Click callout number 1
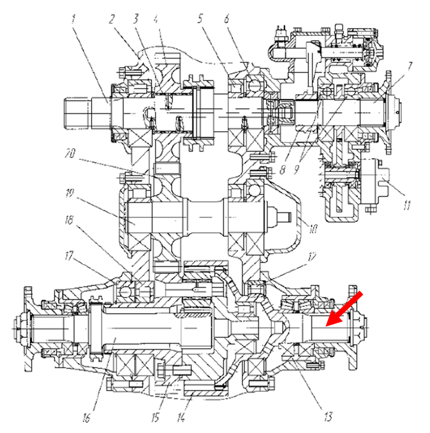(74, 19)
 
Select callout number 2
(112, 19)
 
